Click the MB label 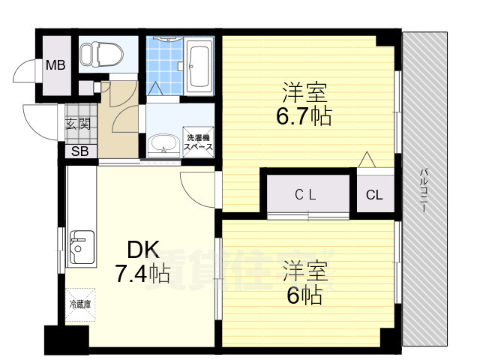click(x=55, y=65)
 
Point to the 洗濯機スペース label click(x=199, y=142)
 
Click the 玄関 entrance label click(x=77, y=124)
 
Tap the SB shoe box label click(x=78, y=152)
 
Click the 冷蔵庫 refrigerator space click(x=79, y=304)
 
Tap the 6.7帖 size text click(x=304, y=117)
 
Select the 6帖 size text click(x=303, y=295)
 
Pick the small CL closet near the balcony click(x=374, y=196)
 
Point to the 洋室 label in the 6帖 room click(x=304, y=271)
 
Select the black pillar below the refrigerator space click(x=56, y=338)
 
